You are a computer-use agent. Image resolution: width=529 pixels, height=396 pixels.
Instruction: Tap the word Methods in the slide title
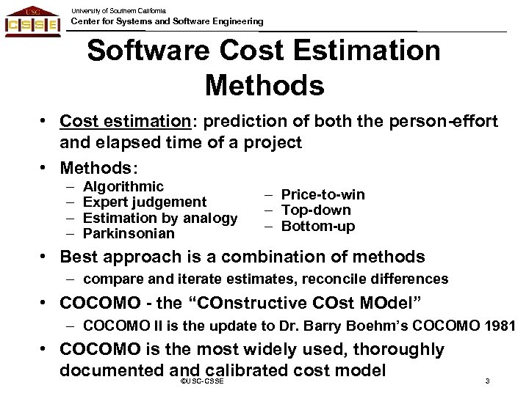point(264,84)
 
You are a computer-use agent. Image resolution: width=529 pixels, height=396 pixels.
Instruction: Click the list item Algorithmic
point(124,187)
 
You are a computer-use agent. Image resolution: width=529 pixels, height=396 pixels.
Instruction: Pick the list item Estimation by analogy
point(161,218)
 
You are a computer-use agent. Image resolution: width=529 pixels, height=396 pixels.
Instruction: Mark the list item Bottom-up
point(317,227)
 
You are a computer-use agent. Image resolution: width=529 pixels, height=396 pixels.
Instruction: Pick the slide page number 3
point(488,382)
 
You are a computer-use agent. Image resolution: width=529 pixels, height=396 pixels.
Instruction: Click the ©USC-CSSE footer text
point(201,383)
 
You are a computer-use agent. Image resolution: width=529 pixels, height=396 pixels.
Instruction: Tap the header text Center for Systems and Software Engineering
point(167,22)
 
